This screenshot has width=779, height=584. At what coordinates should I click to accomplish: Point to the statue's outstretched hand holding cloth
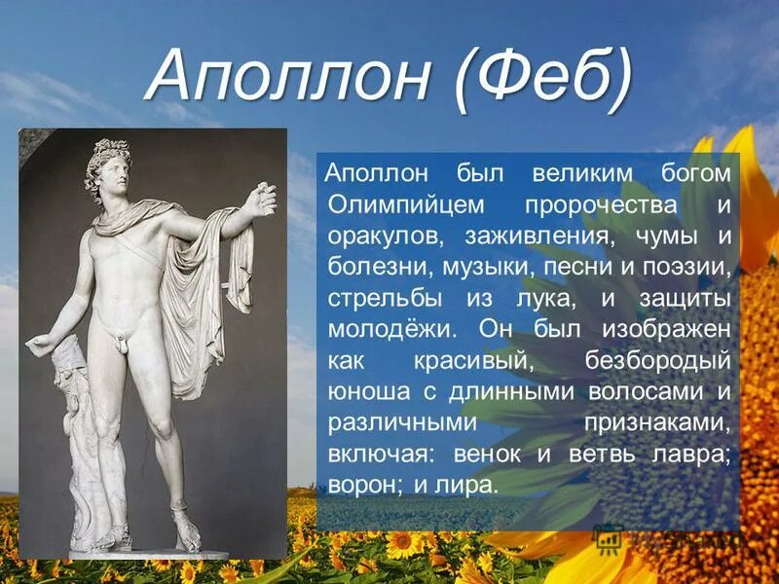coord(260,199)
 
